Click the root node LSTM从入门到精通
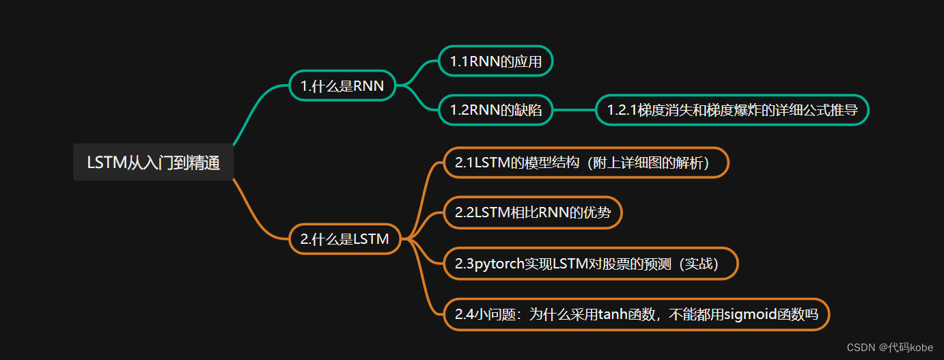point(153,163)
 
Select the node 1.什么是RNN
point(342,85)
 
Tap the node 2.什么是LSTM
point(344,239)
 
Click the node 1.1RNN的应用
point(495,61)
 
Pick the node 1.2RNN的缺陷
point(495,110)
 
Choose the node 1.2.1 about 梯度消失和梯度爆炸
point(732,110)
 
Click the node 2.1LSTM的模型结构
point(586,163)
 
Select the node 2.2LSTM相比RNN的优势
point(533,212)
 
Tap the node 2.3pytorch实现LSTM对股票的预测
point(590,263)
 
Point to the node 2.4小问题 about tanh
point(636,314)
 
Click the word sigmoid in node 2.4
point(751,314)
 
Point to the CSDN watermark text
point(861,348)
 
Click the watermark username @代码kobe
point(906,348)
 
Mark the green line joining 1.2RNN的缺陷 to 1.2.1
point(574,110)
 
